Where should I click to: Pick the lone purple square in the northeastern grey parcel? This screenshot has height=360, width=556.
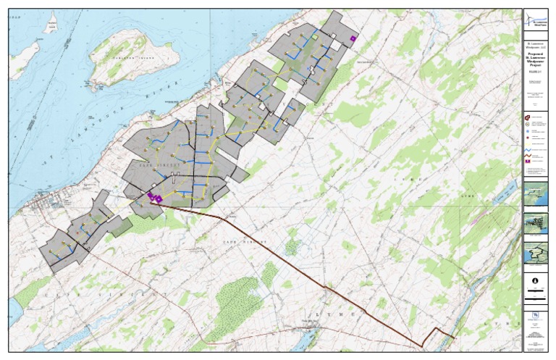click(353, 38)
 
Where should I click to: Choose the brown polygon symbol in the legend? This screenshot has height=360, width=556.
click(528, 117)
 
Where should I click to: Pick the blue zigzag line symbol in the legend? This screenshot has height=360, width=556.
click(528, 151)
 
